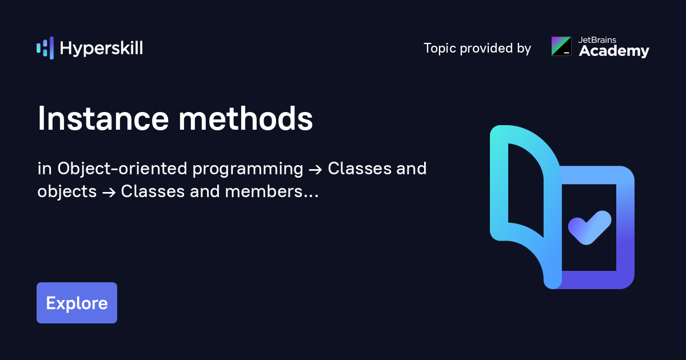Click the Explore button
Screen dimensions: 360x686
click(77, 303)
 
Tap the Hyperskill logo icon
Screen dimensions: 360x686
click(45, 48)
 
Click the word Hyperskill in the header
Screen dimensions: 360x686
click(101, 49)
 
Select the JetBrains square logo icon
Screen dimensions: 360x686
click(561, 46)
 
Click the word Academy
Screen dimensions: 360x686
click(614, 51)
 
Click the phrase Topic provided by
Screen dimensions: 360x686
click(477, 49)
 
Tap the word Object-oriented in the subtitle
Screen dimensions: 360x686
click(123, 169)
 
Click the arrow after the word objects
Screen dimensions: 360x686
click(109, 193)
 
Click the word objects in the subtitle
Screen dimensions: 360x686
click(67, 193)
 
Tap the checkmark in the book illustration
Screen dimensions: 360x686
click(589, 227)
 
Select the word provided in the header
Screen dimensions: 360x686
click(485, 49)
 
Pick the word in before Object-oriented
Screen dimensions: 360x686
click(44, 169)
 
